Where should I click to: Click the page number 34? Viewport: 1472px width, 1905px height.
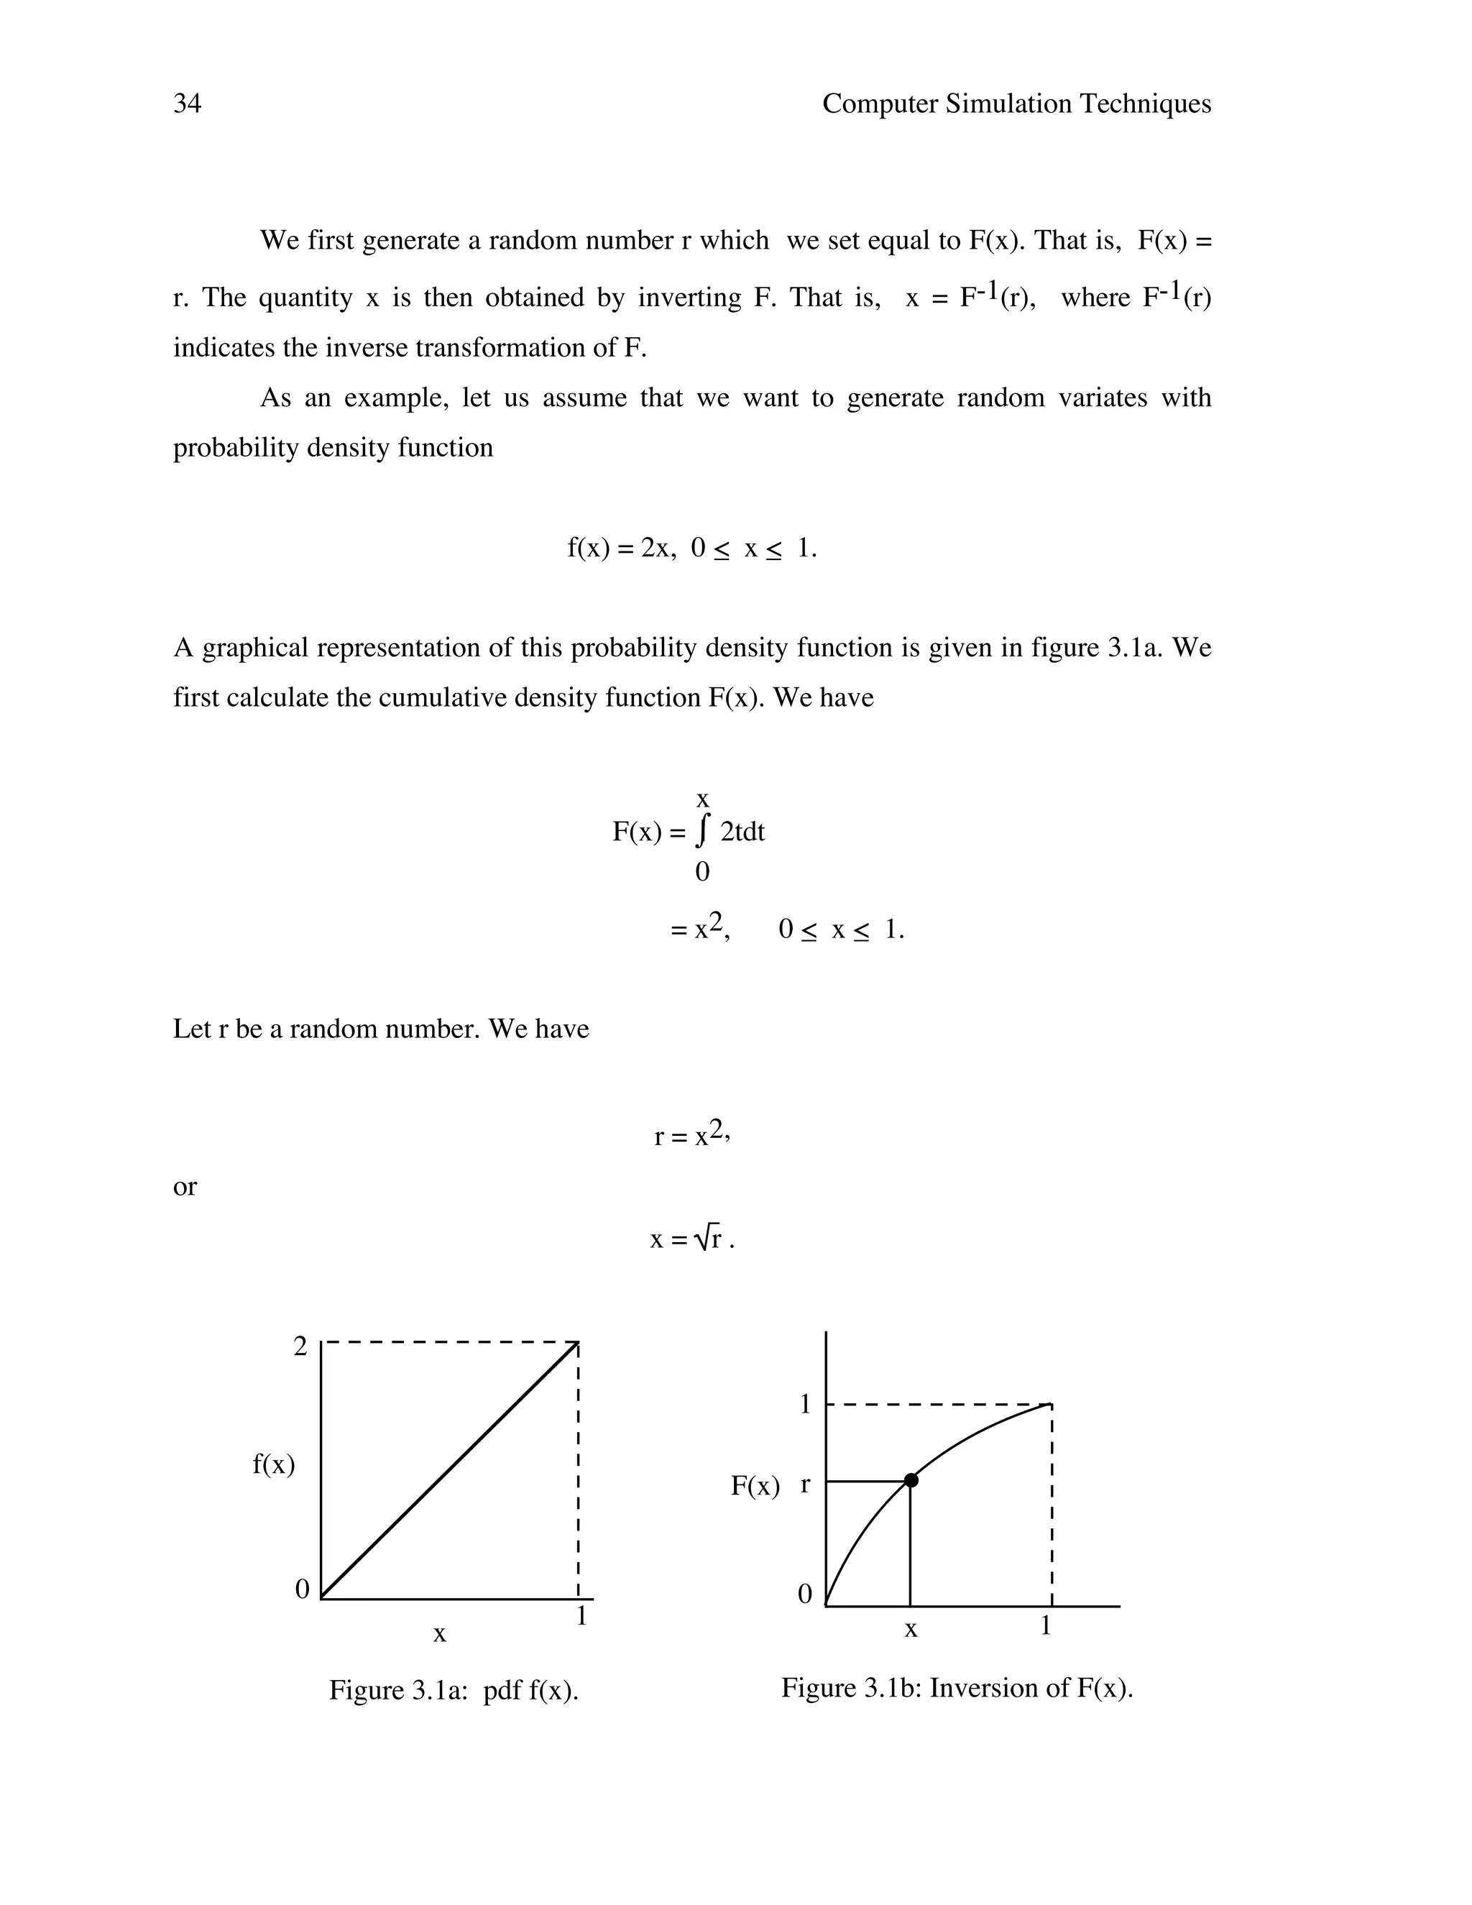(x=188, y=104)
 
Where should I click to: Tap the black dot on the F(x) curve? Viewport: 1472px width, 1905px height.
(x=911, y=1480)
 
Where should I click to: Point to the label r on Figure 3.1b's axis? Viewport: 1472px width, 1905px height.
(x=805, y=1483)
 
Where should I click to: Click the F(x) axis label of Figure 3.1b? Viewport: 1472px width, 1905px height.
(x=755, y=1485)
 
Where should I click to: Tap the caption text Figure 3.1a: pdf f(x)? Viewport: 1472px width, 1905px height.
(x=454, y=1691)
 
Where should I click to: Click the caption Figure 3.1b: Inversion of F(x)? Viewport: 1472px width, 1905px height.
(x=957, y=1688)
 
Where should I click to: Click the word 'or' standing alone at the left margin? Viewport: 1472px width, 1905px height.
(x=185, y=1186)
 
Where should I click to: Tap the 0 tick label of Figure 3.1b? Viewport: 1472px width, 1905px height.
(x=804, y=1594)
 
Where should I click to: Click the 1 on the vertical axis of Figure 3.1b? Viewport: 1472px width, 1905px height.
(x=805, y=1405)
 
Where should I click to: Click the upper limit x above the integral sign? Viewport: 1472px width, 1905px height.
(x=702, y=799)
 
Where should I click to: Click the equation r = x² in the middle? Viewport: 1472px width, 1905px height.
(x=691, y=1135)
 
